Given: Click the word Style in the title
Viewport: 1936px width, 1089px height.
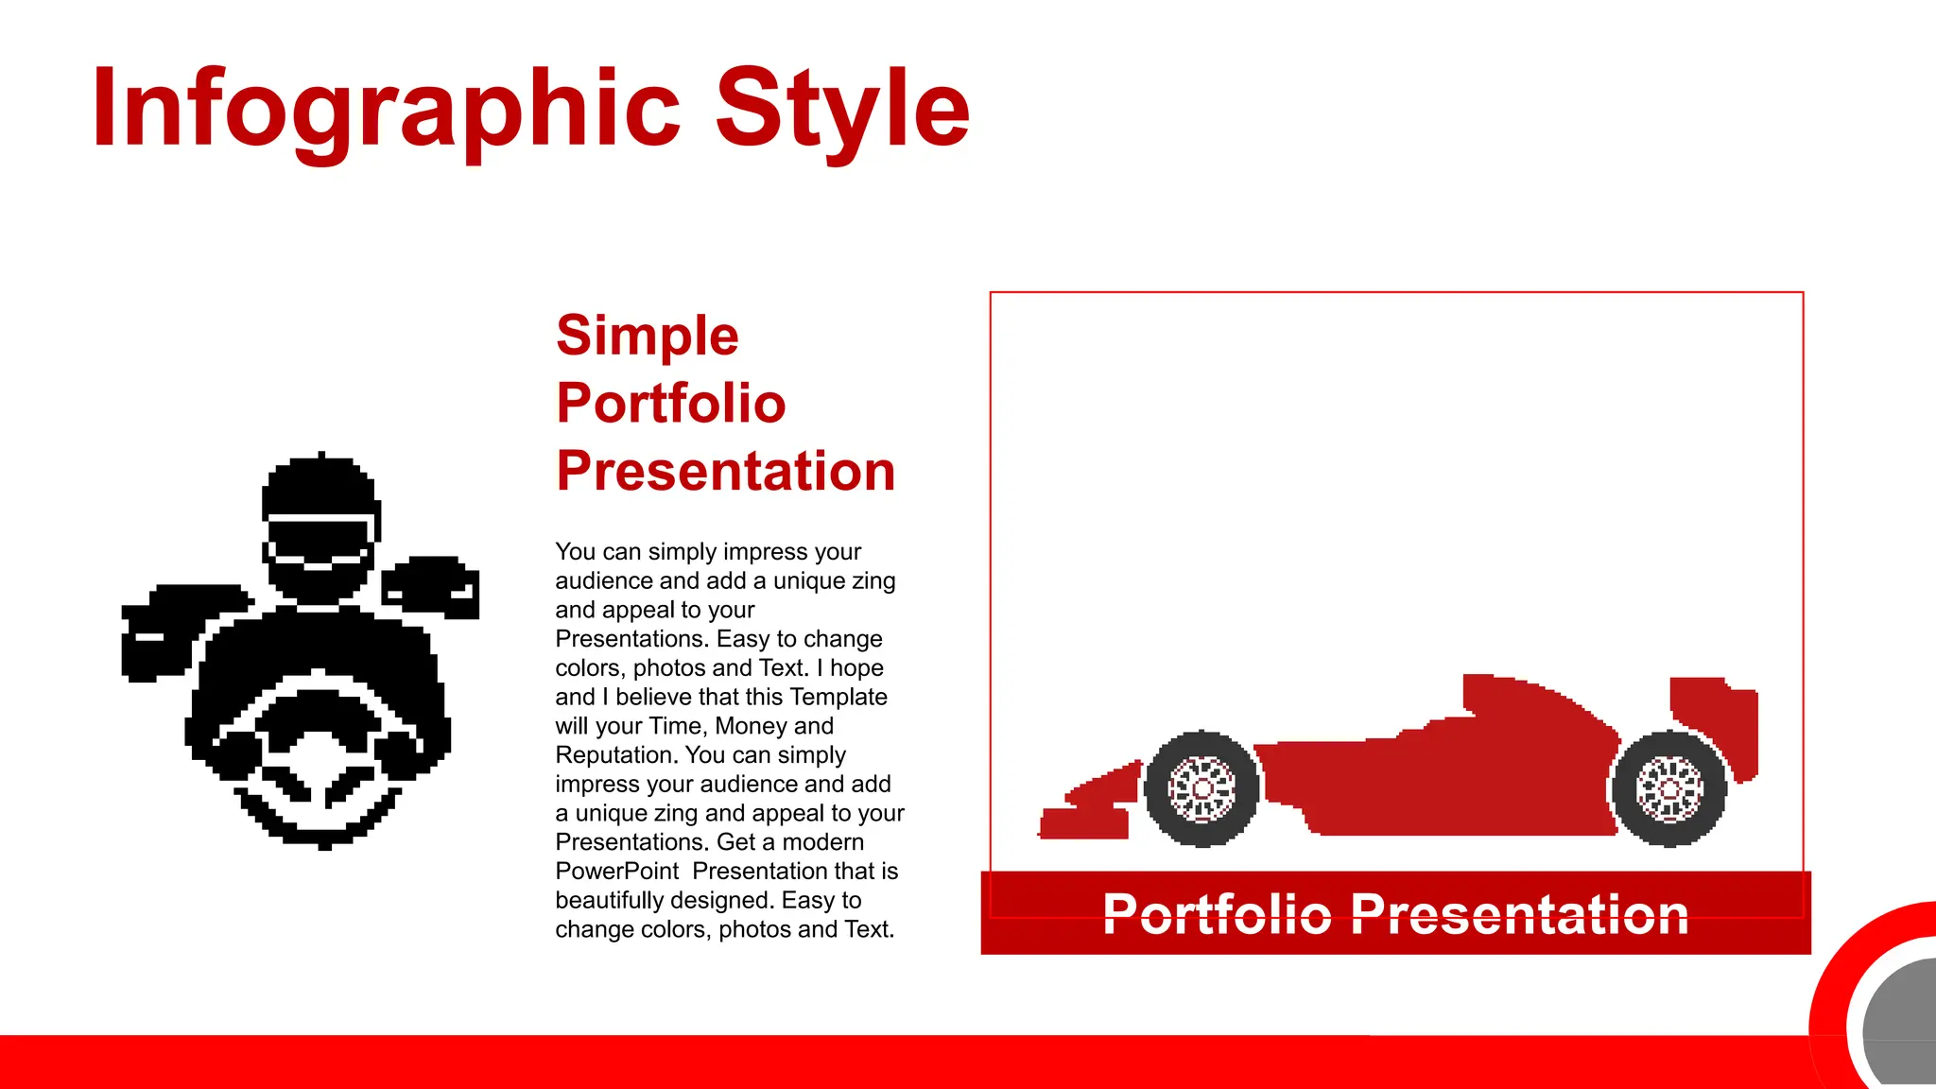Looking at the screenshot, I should tap(842, 109).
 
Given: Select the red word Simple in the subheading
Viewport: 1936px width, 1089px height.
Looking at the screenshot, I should tap(647, 336).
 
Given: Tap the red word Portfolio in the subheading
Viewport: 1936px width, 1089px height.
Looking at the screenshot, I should tap(670, 404).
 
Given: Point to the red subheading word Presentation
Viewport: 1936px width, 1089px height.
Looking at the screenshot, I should tap(725, 471).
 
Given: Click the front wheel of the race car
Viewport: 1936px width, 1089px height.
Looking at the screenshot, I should tap(1201, 787).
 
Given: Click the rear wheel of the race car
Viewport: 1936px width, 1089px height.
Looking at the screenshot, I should tap(1669, 787).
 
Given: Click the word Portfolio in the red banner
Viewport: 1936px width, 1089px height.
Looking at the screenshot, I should tap(1217, 914).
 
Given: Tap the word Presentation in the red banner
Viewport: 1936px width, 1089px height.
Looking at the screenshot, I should tap(1519, 914).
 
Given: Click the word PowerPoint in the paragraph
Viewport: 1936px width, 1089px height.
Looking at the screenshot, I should tap(616, 871).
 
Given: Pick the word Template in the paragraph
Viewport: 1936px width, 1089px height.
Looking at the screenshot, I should tap(838, 697).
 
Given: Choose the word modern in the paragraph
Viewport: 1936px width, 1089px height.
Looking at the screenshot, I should tap(824, 841).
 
